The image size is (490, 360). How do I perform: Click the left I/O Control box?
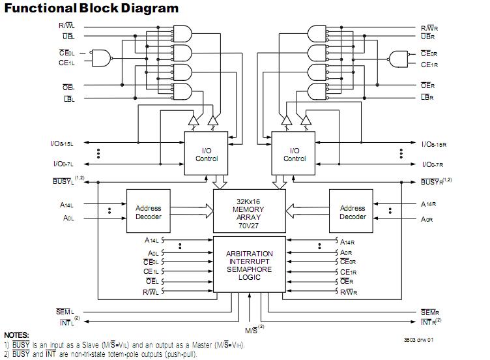(207, 155)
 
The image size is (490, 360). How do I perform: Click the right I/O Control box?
(295, 155)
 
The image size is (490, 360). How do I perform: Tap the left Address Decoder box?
(149, 213)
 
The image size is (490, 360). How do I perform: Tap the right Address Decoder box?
(353, 213)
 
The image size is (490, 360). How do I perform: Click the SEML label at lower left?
(64, 312)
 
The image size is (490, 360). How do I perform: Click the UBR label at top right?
(427, 37)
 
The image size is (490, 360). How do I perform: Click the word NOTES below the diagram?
(16, 335)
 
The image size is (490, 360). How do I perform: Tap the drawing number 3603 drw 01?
(418, 340)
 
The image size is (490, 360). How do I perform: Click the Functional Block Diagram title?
(91, 8)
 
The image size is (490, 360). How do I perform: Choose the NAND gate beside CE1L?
(101, 59)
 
